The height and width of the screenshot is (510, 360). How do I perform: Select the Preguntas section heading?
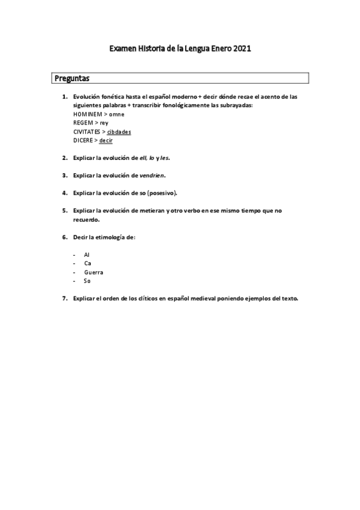[x=72, y=78]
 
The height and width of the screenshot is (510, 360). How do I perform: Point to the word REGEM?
[x=84, y=122]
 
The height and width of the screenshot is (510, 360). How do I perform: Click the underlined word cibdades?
[x=120, y=131]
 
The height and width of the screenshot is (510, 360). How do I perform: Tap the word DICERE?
[x=84, y=140]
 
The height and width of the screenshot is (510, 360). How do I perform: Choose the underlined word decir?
[x=106, y=140]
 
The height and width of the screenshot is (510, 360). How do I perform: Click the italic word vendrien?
[x=151, y=175]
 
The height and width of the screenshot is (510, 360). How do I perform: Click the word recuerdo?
[x=85, y=220]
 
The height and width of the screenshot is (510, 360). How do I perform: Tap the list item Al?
[x=87, y=255]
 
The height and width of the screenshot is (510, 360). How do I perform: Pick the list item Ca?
[x=88, y=263]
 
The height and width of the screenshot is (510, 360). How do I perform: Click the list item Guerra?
[x=94, y=272]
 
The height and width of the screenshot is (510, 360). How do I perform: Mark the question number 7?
[x=64, y=298]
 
